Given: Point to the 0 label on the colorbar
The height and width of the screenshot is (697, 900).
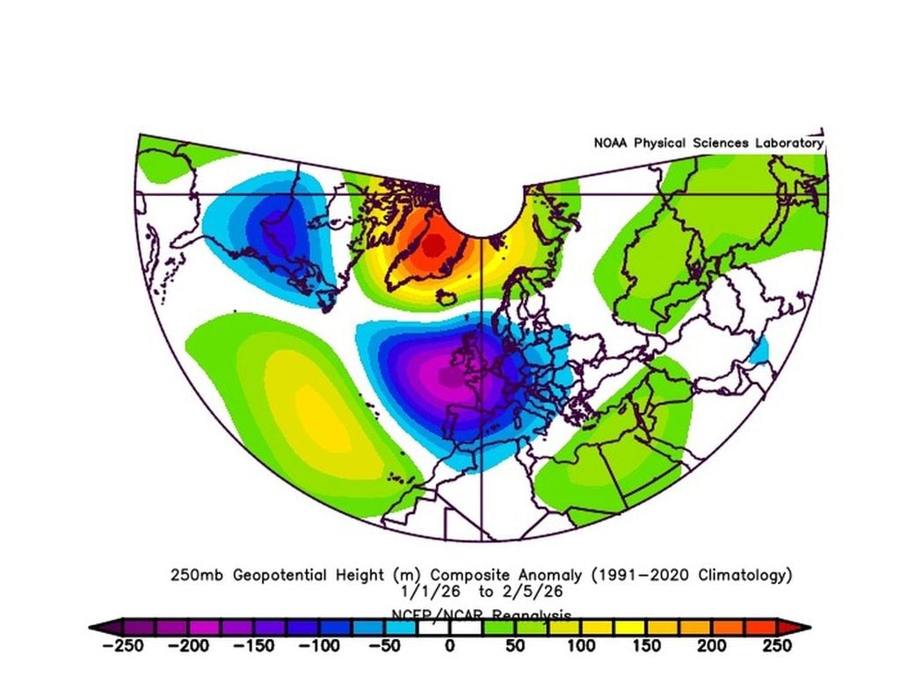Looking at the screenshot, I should [x=449, y=646].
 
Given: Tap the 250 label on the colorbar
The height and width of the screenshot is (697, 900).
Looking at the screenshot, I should [x=777, y=646].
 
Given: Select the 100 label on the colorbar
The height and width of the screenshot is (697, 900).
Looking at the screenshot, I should [x=580, y=646].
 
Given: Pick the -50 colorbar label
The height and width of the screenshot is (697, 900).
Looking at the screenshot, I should [x=382, y=646].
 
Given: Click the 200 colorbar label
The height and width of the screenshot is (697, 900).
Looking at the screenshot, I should [x=712, y=646].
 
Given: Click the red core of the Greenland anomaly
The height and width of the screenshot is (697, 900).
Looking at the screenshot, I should [x=432, y=245].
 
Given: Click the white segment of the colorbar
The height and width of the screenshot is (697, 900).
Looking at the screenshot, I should [x=449, y=627].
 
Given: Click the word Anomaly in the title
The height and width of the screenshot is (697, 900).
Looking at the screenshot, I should [x=554, y=576].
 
